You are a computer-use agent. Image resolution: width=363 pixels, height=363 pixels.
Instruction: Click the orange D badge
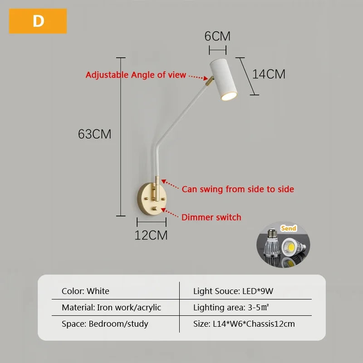38,21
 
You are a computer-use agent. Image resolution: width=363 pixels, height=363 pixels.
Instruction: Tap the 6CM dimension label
217,36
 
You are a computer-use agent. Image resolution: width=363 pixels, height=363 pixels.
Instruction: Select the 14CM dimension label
269,74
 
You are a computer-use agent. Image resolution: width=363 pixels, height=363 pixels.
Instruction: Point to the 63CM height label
94,134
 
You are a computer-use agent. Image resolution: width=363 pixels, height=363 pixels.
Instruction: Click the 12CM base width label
151,235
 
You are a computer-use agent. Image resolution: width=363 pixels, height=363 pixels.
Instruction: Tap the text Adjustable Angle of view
136,75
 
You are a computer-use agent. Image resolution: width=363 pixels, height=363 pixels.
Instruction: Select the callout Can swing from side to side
238,189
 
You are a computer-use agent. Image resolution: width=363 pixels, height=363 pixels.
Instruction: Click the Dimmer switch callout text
211,217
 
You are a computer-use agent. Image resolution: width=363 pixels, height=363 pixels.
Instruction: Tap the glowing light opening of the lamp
228,95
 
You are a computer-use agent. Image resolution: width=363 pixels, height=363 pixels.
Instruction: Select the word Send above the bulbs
289,228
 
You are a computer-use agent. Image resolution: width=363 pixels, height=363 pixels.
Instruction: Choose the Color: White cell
85,291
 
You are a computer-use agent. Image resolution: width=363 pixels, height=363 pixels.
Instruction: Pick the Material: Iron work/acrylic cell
111,307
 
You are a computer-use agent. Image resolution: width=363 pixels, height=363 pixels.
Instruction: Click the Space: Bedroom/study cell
105,324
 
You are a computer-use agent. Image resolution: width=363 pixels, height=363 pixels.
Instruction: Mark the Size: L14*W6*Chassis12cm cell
244,324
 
